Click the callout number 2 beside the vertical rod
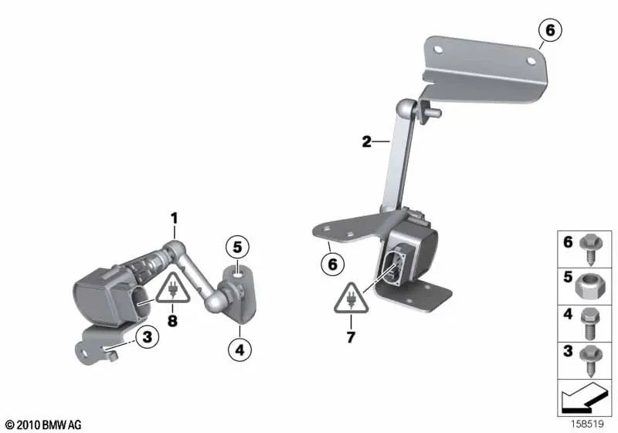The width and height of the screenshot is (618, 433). [x=366, y=141]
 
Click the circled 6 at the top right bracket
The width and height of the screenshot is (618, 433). [x=549, y=31]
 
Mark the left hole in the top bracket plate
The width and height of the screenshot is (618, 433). [x=438, y=49]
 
